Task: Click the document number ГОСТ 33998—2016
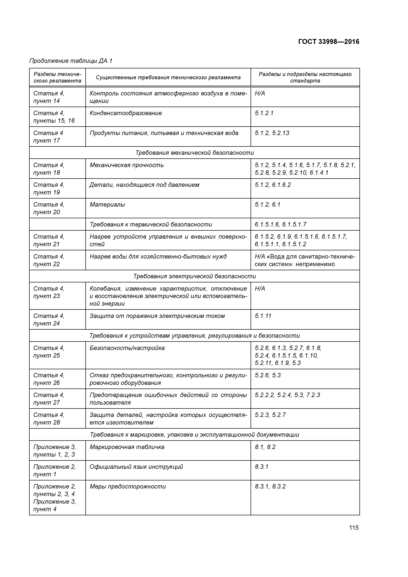coord(329,42)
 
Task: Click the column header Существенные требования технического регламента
coord(168,77)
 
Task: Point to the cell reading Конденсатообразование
coord(126,113)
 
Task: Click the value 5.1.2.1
coord(264,113)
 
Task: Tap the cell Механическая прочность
coord(127,165)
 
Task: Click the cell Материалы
coord(107,205)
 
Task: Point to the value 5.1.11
coord(263,316)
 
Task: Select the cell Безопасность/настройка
coord(127,348)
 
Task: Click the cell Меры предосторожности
coord(127,487)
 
